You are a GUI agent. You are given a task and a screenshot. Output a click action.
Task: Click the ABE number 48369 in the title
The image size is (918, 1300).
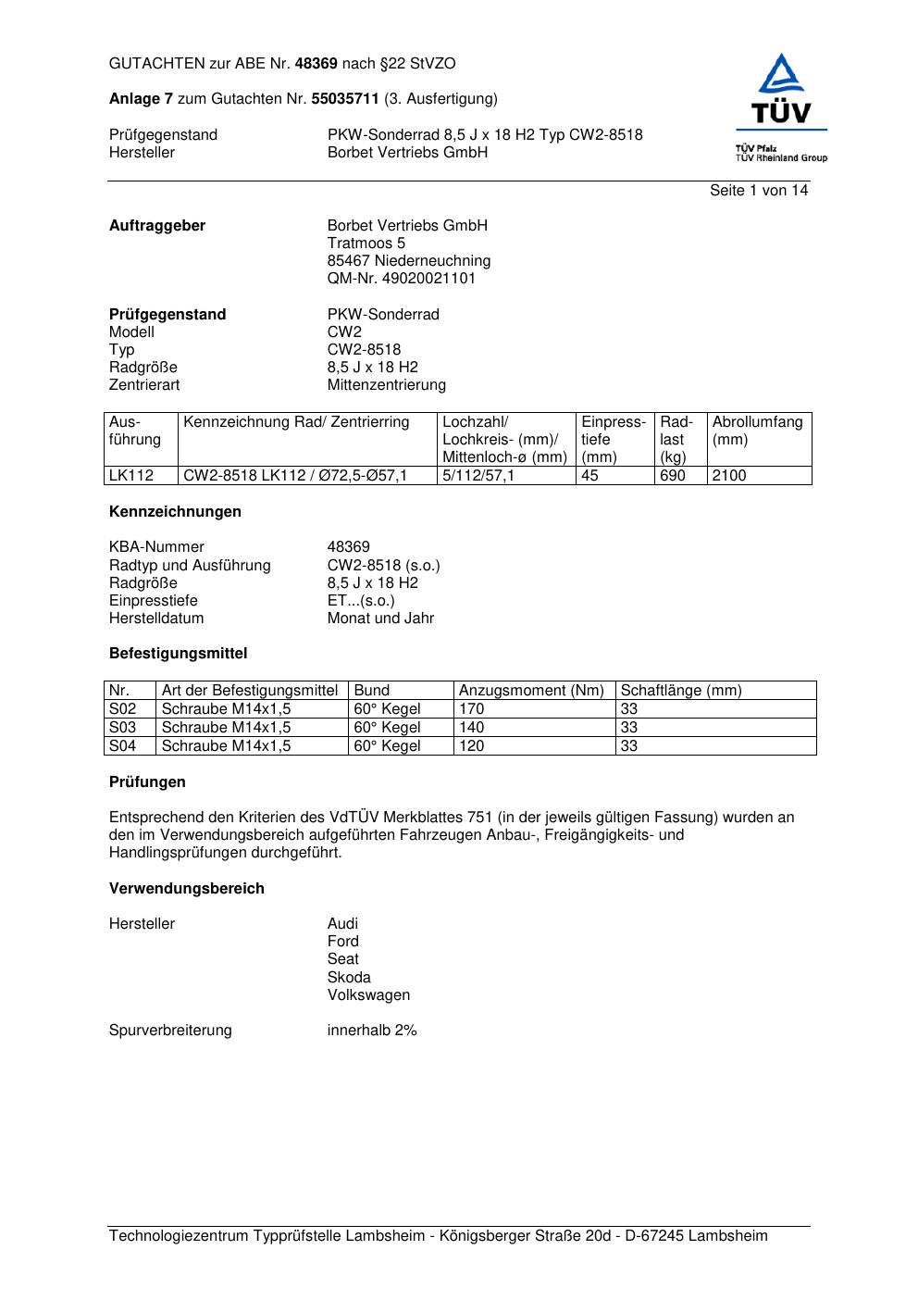316,64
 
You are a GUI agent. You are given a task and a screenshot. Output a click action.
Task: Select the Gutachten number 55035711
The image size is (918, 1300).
344,99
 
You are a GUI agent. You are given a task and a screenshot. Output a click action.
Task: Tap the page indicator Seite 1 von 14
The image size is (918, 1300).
758,191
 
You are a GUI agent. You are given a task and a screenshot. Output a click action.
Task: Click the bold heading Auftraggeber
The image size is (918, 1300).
157,226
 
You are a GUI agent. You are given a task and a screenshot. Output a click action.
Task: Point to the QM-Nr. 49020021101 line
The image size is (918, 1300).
402,279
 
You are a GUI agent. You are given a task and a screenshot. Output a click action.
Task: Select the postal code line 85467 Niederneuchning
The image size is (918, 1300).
409,261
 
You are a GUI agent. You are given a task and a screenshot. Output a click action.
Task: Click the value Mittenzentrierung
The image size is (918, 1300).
386,385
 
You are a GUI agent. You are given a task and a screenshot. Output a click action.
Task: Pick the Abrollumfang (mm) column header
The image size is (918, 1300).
757,431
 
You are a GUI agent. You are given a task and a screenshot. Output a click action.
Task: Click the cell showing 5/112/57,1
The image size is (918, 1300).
478,476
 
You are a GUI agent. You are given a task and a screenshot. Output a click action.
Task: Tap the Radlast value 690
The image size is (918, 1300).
673,476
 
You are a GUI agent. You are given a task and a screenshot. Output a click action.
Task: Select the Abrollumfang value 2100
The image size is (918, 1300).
729,476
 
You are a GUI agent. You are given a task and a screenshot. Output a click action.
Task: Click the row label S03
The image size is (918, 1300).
123,728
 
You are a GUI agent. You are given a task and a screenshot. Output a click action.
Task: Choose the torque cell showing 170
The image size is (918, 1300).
472,709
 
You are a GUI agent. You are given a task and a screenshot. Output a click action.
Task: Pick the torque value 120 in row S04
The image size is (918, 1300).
472,746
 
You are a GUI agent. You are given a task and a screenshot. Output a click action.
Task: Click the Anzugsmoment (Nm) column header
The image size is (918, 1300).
531,691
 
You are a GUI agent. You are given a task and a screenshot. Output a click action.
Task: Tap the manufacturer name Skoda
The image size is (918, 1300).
349,978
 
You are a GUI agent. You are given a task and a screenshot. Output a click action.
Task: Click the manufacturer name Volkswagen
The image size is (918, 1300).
368,995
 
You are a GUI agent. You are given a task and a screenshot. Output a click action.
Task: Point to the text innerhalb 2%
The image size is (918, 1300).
372,1031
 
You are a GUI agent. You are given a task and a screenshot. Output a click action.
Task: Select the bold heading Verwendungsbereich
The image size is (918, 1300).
187,889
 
